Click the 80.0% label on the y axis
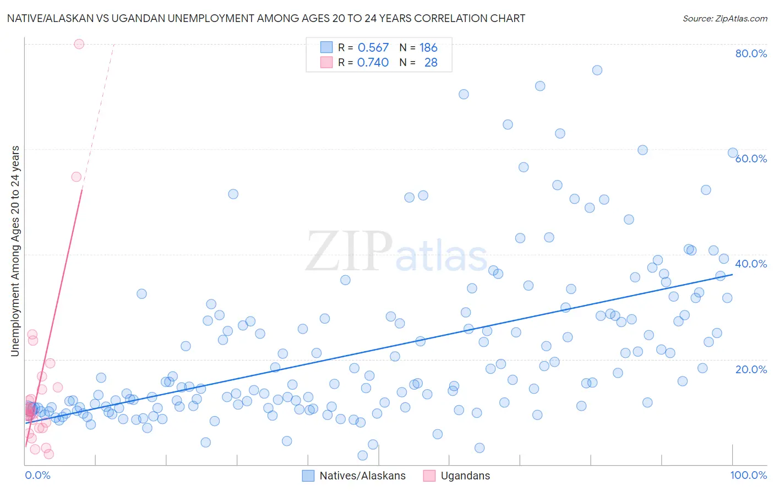(751, 53)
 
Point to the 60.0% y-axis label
(751, 159)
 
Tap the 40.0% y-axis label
(751, 264)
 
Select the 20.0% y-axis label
(751, 369)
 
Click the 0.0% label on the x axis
(37, 475)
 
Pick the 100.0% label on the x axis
(748, 475)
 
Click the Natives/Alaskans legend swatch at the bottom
(308, 476)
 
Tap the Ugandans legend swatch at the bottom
(429, 476)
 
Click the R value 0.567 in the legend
(373, 47)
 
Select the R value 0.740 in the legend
(373, 63)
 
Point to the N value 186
(428, 47)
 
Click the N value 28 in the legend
(430, 63)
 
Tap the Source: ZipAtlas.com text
(724, 18)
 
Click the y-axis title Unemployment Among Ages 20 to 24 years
(15, 250)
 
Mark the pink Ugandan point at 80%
(79, 44)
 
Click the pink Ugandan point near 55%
(77, 177)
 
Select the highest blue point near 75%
(597, 70)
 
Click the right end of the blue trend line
(732, 274)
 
